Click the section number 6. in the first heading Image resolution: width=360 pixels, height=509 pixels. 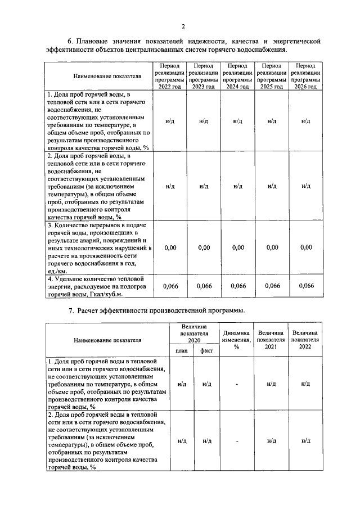pyautogui.click(x=71, y=41)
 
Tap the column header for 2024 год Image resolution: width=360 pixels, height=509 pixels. pyautogui.click(x=237, y=76)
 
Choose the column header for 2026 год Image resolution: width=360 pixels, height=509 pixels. pyautogui.click(x=306, y=76)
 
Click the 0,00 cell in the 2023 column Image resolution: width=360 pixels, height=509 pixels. pyautogui.click(x=204, y=247)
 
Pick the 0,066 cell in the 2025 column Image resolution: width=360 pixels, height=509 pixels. pyautogui.click(x=272, y=286)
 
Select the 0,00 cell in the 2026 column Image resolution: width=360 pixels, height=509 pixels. pyautogui.click(x=306, y=247)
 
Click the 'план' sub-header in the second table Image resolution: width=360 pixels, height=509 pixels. pyautogui.click(x=181, y=350)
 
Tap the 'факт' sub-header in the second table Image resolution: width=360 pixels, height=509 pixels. pyautogui.click(x=206, y=350)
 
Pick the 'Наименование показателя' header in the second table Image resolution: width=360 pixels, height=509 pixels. pyautogui.click(x=107, y=340)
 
